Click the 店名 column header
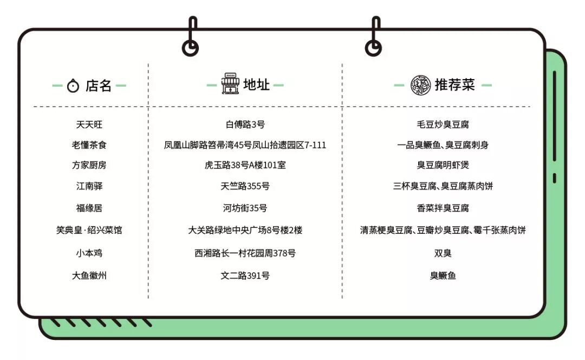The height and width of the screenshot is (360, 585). pyautogui.click(x=98, y=86)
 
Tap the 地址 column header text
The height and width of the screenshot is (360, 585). pyautogui.click(x=256, y=85)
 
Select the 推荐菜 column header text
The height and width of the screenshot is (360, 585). pyautogui.click(x=454, y=85)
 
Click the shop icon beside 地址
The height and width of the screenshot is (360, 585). pyautogui.click(x=230, y=84)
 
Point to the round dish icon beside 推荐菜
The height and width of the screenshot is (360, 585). pyautogui.click(x=420, y=85)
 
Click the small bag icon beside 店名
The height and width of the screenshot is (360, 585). pyautogui.click(x=73, y=86)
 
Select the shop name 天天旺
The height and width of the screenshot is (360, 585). pyautogui.click(x=89, y=125)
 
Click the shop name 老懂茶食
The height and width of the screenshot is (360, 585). pyautogui.click(x=89, y=145)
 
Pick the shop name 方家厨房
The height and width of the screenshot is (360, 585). pyautogui.click(x=89, y=165)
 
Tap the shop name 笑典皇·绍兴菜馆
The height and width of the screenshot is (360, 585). pyautogui.click(x=89, y=230)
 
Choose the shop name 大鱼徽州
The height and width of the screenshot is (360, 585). pyautogui.click(x=89, y=276)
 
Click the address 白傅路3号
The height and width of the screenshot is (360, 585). pyautogui.click(x=245, y=125)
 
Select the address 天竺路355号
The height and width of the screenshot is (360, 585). pyautogui.click(x=245, y=186)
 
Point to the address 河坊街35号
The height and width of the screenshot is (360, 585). pyautogui.click(x=245, y=208)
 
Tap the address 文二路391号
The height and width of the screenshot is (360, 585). pyautogui.click(x=245, y=276)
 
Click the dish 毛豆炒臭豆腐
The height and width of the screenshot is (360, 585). pyautogui.click(x=443, y=125)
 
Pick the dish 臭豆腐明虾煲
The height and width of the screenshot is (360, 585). pyautogui.click(x=443, y=165)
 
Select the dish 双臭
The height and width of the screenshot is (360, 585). pyautogui.click(x=443, y=253)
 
